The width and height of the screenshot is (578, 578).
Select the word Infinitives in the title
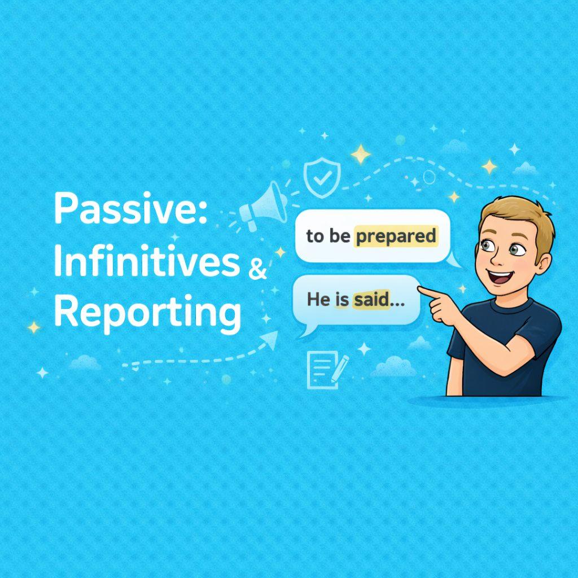pyautogui.click(x=147, y=262)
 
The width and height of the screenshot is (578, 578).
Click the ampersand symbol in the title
pyautogui.click(x=257, y=271)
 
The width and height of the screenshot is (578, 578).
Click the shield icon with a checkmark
pyautogui.click(x=322, y=176)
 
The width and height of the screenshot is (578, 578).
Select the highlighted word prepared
pyautogui.click(x=396, y=236)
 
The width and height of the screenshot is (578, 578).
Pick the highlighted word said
pyautogui.click(x=371, y=300)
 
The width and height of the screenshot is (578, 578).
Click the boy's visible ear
pyautogui.click(x=544, y=262)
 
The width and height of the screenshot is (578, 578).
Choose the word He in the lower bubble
pyautogui.click(x=318, y=300)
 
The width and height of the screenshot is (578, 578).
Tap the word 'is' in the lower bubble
pyautogui.click(x=342, y=300)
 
